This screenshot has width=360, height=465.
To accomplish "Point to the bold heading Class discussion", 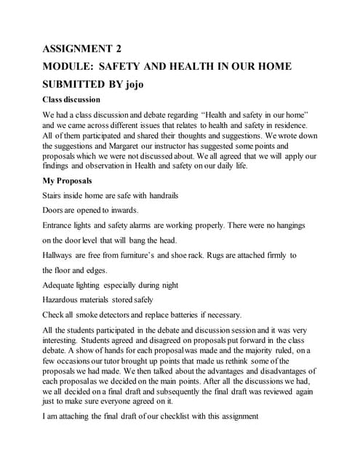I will pos(71,100).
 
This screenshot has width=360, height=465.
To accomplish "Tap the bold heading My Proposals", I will pos(68,180).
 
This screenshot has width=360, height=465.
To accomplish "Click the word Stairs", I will pos(52,195).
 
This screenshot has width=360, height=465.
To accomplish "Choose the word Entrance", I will pos(60,225).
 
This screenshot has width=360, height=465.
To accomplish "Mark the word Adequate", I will pos(61,285).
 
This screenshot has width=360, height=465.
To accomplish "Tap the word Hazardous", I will pos(63,299).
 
